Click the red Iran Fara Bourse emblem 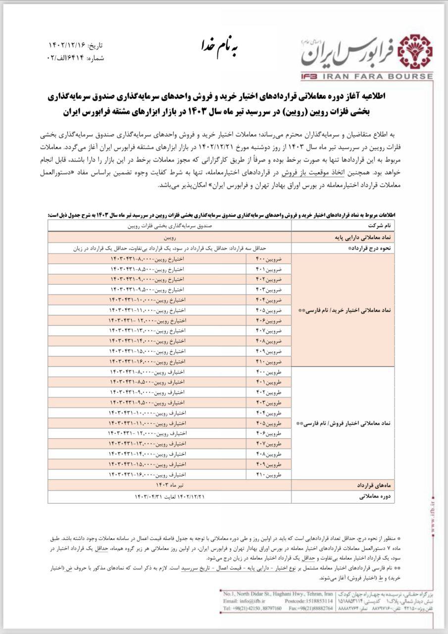point(415,51)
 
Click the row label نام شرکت point(377,226)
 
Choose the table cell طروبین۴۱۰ point(268,474)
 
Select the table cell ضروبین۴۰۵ point(268,310)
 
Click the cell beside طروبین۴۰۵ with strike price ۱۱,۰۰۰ point(147,423)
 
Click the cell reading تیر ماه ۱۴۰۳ point(169,484)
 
